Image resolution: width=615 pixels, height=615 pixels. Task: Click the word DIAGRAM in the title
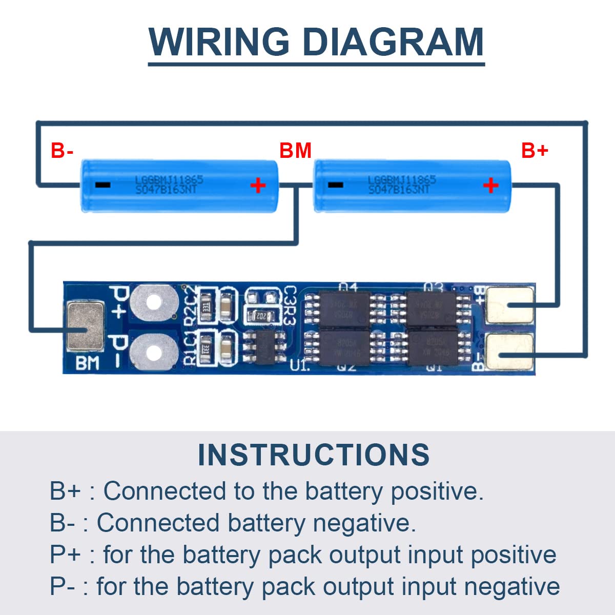tap(393, 42)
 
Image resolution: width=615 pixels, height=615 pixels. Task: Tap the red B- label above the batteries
tap(62, 151)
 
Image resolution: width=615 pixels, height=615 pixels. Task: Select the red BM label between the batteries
tap(296, 151)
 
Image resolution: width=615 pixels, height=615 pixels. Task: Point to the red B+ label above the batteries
tap(535, 151)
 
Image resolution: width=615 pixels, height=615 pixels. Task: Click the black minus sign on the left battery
tap(102, 185)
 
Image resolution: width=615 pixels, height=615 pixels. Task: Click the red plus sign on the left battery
tap(258, 184)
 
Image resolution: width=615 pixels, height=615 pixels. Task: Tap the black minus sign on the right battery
tap(336, 185)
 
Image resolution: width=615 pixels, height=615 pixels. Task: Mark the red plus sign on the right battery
tap(490, 184)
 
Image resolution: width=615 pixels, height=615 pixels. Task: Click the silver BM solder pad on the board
tap(86, 326)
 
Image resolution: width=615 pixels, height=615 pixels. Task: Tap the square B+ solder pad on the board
tap(509, 305)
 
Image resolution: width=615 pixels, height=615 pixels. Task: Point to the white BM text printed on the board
tap(87, 363)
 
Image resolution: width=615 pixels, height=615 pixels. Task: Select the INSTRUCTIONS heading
tap(314, 455)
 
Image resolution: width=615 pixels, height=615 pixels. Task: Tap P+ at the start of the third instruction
tap(65, 555)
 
